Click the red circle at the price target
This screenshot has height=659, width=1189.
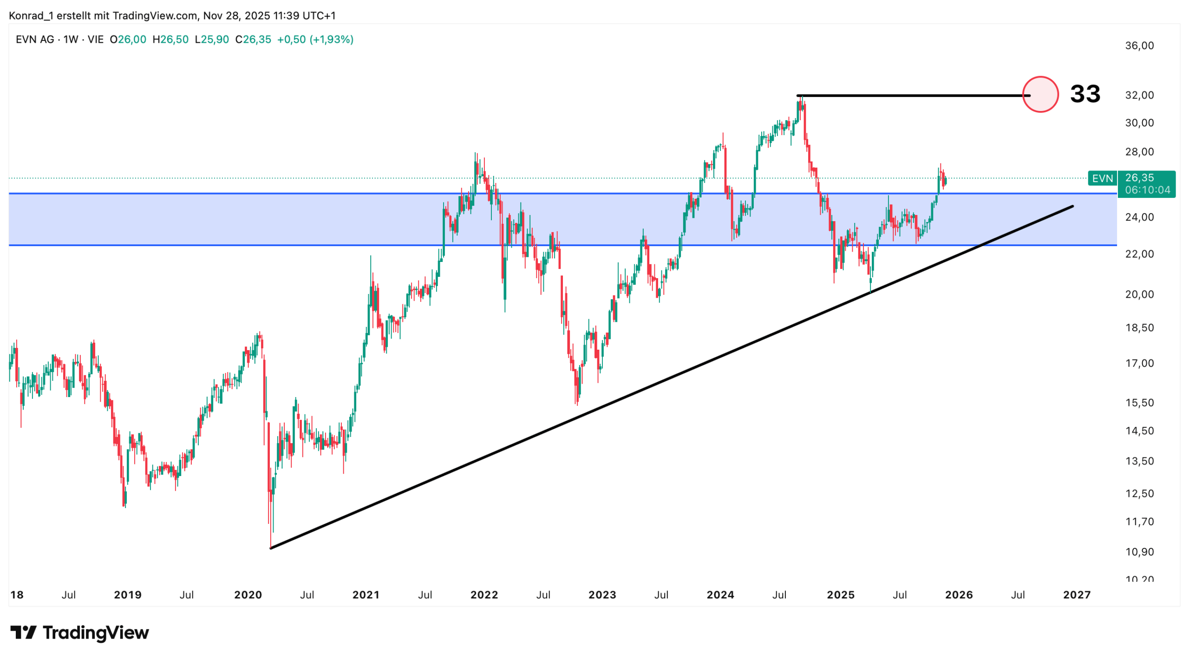(x=1040, y=94)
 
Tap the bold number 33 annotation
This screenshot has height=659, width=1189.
(x=1084, y=94)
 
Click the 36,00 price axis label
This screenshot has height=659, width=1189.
(x=1139, y=46)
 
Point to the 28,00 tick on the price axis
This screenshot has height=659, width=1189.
(x=1139, y=151)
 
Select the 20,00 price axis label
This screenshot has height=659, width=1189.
(x=1139, y=294)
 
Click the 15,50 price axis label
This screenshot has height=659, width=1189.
(x=1139, y=403)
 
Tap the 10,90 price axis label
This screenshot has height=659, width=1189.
(x=1139, y=552)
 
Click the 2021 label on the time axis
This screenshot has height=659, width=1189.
(x=366, y=594)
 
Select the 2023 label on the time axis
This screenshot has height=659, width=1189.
(x=602, y=594)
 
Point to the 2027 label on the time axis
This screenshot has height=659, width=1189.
(x=1077, y=594)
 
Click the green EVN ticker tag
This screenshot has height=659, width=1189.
(x=1102, y=178)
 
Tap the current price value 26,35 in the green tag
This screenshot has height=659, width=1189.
(x=1139, y=177)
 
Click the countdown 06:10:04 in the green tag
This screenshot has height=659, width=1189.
(x=1147, y=190)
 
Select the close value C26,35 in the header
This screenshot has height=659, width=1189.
(x=253, y=39)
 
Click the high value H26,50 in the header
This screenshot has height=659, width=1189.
(x=170, y=39)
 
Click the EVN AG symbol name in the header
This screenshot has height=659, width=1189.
(x=35, y=39)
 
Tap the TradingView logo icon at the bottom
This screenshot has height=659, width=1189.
(x=23, y=632)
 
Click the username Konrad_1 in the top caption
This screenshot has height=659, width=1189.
(x=30, y=16)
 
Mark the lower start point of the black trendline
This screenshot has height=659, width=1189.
(x=271, y=548)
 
